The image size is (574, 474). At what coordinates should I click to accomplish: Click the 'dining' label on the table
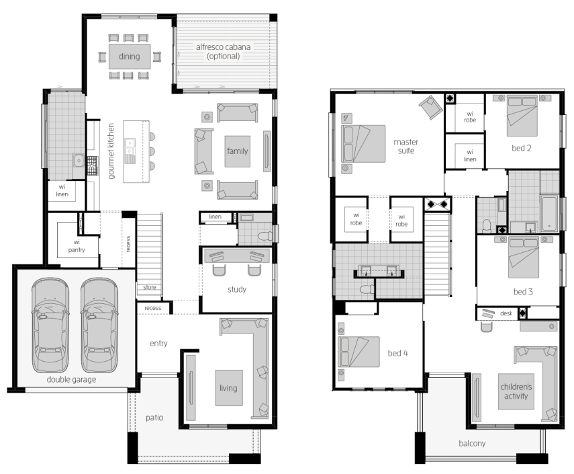pos(129,56)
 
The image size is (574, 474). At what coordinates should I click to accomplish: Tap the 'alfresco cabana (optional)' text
pos(224,51)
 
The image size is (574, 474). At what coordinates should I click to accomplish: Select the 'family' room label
pos(237,151)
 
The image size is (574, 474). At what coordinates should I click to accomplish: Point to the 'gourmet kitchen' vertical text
pos(111,151)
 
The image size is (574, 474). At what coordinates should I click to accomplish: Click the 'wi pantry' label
pos(77,245)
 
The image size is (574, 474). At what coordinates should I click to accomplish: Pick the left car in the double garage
pos(50,325)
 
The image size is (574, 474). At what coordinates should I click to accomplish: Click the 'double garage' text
pos(71,379)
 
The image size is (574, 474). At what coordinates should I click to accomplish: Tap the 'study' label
pos(237,289)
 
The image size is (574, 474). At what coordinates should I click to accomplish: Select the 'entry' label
pos(158,343)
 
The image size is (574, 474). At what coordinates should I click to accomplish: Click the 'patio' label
pos(154,418)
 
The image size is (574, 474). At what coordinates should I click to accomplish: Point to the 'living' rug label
pos(228,388)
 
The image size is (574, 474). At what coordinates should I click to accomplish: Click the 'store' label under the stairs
pos(150,287)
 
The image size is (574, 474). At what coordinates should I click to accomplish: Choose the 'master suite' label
pos(406,146)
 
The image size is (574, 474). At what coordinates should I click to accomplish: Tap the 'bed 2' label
pos(521,148)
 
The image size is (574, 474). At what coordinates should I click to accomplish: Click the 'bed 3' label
pos(523,292)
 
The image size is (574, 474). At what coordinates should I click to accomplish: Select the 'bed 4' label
pos(398,353)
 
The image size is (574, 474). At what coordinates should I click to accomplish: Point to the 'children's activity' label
pos(516,391)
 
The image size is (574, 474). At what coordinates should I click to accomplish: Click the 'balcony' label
pos(472,443)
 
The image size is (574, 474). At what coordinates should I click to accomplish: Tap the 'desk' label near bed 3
pos(506,313)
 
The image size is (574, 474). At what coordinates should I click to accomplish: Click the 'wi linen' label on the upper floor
pos(470,155)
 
